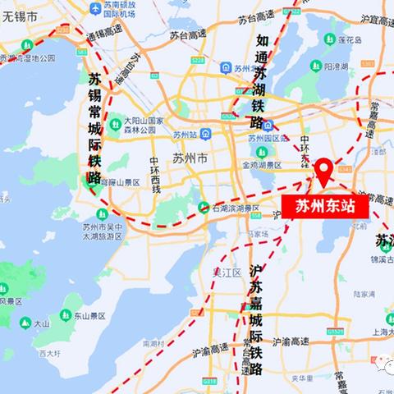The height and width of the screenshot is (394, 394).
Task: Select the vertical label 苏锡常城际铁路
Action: coord(96,128)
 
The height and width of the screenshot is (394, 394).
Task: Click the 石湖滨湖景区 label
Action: coord(235,208)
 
